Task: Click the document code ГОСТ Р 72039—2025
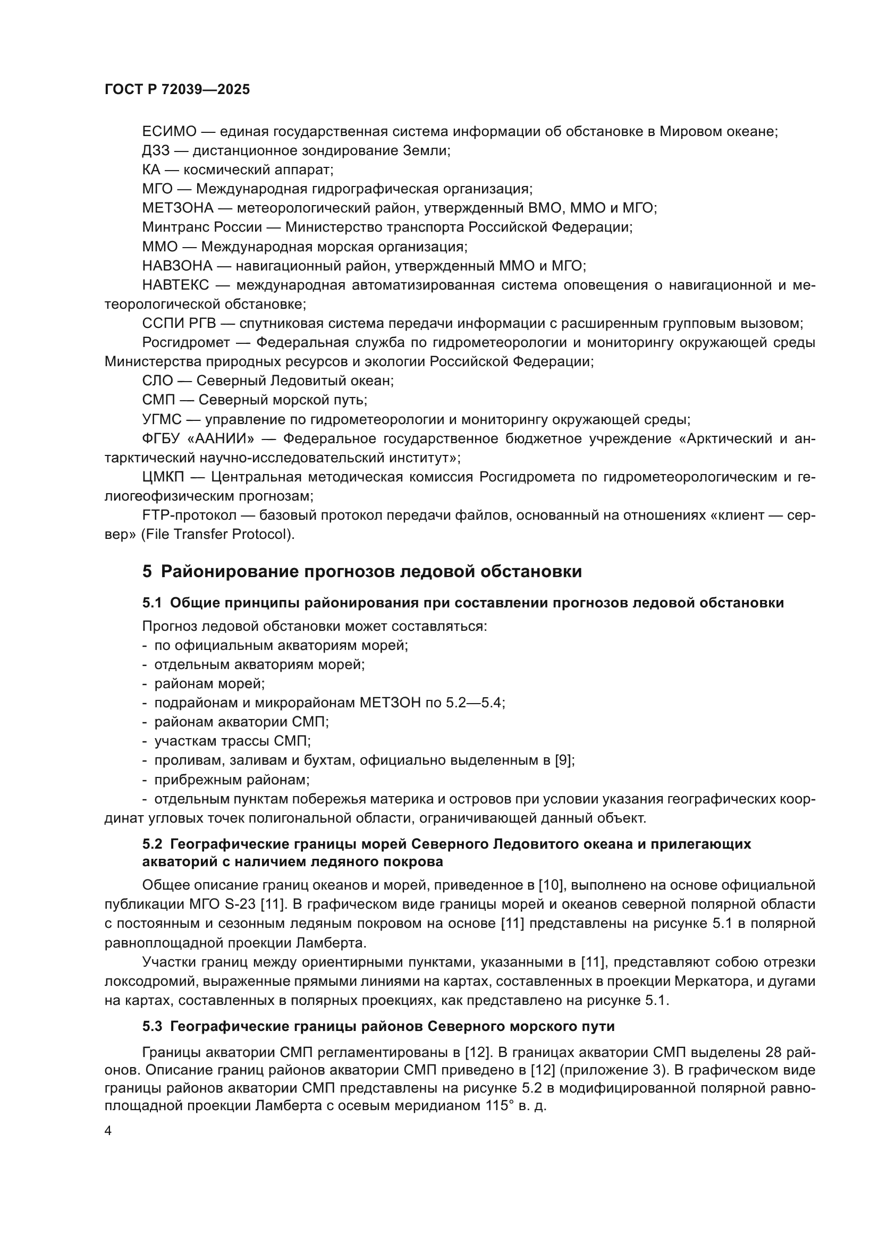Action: coord(177,90)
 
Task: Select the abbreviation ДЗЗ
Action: coord(156,150)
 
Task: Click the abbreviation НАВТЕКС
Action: coord(175,285)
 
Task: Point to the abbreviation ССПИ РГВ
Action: coord(179,323)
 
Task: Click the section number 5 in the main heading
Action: coord(147,572)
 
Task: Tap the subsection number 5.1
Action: coord(152,603)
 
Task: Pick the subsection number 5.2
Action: coord(152,844)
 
